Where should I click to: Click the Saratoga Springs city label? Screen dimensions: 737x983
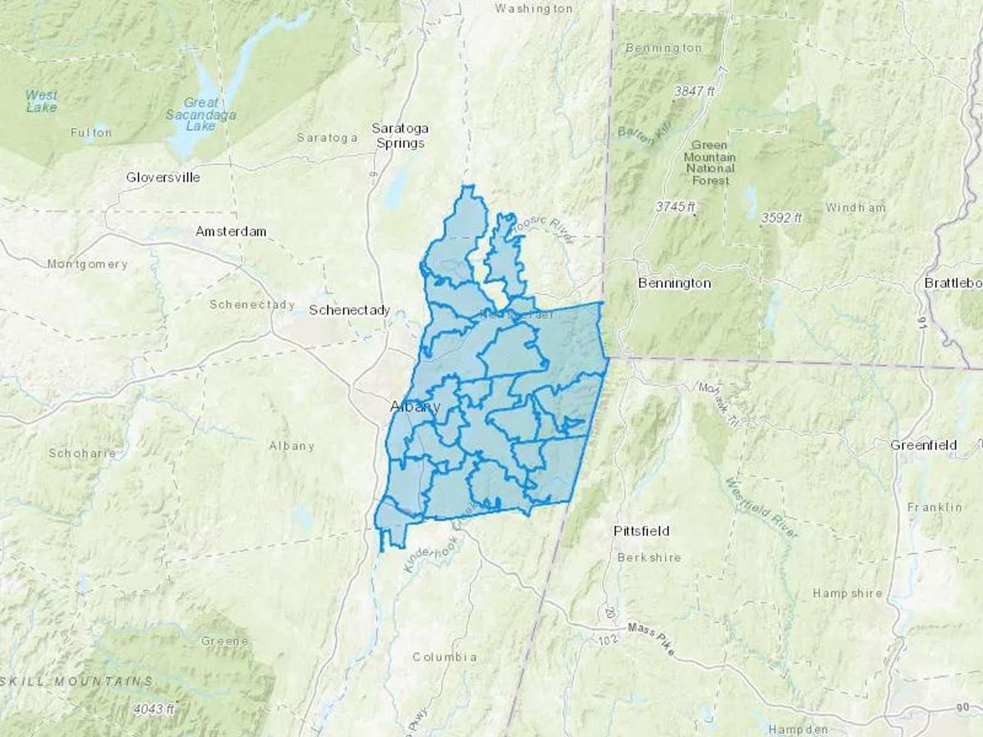pos(400,136)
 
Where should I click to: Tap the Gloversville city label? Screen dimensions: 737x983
pos(163,177)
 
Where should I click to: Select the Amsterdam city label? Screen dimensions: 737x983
pos(231,231)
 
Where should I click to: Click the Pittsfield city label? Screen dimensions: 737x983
pos(641,531)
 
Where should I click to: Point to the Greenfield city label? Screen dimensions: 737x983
pos(923,445)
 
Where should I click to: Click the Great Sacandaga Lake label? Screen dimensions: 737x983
pos(201,114)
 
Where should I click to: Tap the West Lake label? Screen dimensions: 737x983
pos(41,101)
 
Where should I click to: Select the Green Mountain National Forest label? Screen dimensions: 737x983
pos(710,163)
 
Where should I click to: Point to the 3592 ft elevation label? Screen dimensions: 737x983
pos(781,218)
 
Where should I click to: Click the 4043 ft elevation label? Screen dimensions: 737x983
pos(154,709)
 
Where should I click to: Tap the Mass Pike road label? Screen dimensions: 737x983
pos(652,639)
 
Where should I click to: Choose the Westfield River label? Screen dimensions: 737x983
pos(762,506)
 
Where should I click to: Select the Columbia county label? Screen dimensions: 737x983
pos(444,657)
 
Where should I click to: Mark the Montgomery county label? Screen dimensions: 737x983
pos(87,264)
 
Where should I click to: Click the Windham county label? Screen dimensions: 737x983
pos(855,207)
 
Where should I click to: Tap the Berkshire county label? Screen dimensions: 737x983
pos(649,557)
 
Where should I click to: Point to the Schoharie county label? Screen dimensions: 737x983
pos(82,453)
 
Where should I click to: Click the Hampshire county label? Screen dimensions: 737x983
pos(847,593)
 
